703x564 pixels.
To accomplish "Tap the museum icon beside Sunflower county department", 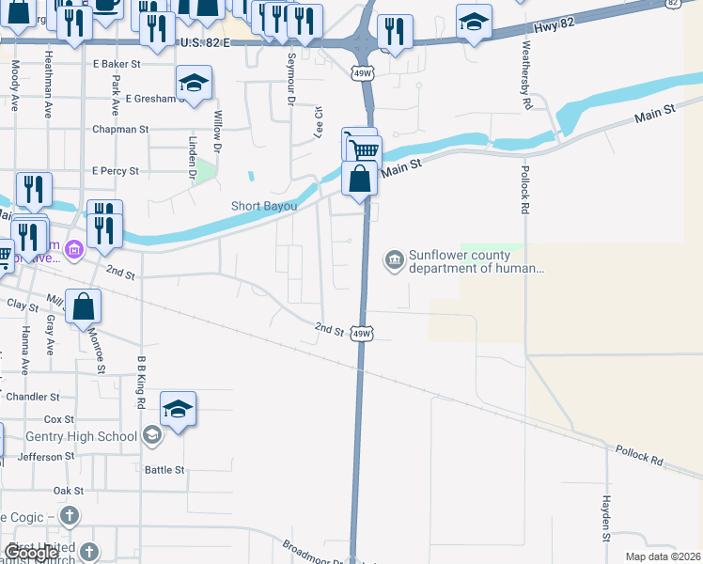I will tap(393, 258).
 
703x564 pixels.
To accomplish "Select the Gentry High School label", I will tap(91, 435).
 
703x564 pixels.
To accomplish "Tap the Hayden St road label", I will tap(607, 518).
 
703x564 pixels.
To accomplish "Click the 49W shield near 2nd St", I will tap(362, 334).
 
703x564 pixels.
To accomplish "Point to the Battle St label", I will tap(164, 468).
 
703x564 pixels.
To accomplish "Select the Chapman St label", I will tap(120, 129).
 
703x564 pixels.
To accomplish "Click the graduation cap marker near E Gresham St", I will tap(195, 84).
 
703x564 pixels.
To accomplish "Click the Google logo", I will tap(31, 553).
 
